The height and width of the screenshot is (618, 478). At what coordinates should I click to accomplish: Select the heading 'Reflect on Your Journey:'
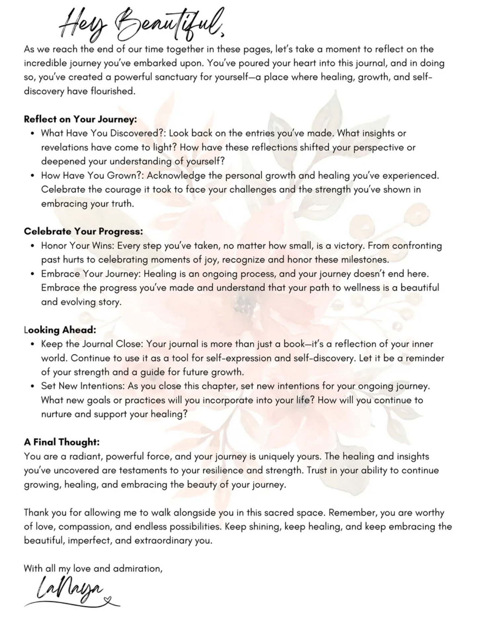tap(80, 119)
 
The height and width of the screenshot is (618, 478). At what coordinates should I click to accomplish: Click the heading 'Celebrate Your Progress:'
tap(83, 232)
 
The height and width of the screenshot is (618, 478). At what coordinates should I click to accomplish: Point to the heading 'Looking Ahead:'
tap(60, 330)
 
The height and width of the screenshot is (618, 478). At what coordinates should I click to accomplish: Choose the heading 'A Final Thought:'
tap(62, 442)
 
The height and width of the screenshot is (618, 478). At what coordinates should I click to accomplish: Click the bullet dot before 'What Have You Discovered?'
tap(32, 134)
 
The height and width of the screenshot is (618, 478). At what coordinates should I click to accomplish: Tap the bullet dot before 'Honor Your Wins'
tap(32, 246)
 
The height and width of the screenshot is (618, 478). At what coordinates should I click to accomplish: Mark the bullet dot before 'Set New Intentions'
tap(32, 386)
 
